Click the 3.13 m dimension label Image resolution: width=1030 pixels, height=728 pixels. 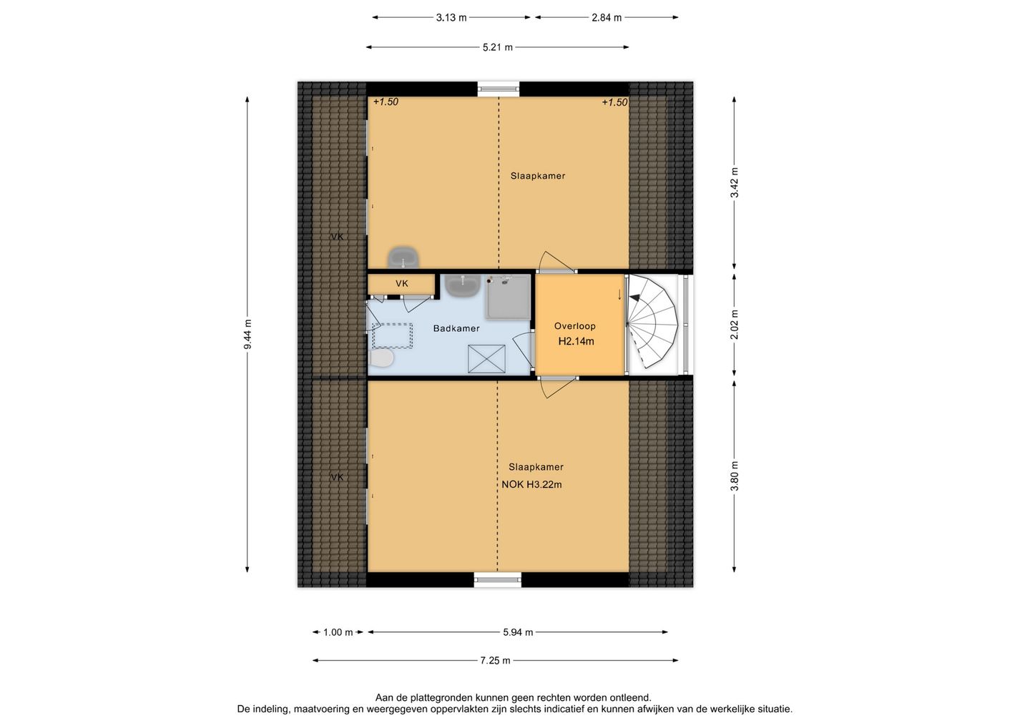pos(451,17)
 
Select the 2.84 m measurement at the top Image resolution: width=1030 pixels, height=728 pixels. pos(606,17)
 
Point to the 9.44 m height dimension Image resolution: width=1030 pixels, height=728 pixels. pos(247,334)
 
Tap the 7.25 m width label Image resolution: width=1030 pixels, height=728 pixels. pos(495,661)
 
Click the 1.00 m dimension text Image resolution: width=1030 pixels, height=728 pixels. pos(338,632)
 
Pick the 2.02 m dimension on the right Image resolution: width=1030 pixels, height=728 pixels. pos(735,325)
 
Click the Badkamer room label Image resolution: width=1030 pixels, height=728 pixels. pos(456,328)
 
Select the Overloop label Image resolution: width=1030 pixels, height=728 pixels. pos(574,326)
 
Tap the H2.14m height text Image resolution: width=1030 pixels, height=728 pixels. pos(576,341)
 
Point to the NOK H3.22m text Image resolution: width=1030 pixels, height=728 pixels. pos(531,484)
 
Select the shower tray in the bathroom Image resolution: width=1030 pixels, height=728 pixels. pos(509,297)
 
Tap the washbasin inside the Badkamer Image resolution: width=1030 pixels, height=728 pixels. pos(462,286)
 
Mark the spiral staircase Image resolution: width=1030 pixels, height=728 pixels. pos(652,323)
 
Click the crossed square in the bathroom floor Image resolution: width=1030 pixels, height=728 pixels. pos(486,358)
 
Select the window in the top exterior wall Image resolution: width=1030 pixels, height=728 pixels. pos(498,89)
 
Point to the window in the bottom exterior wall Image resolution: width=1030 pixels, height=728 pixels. pos(497,580)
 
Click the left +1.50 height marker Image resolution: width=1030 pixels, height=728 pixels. pos(385,102)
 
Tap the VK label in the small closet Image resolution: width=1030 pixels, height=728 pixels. pos(401,284)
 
